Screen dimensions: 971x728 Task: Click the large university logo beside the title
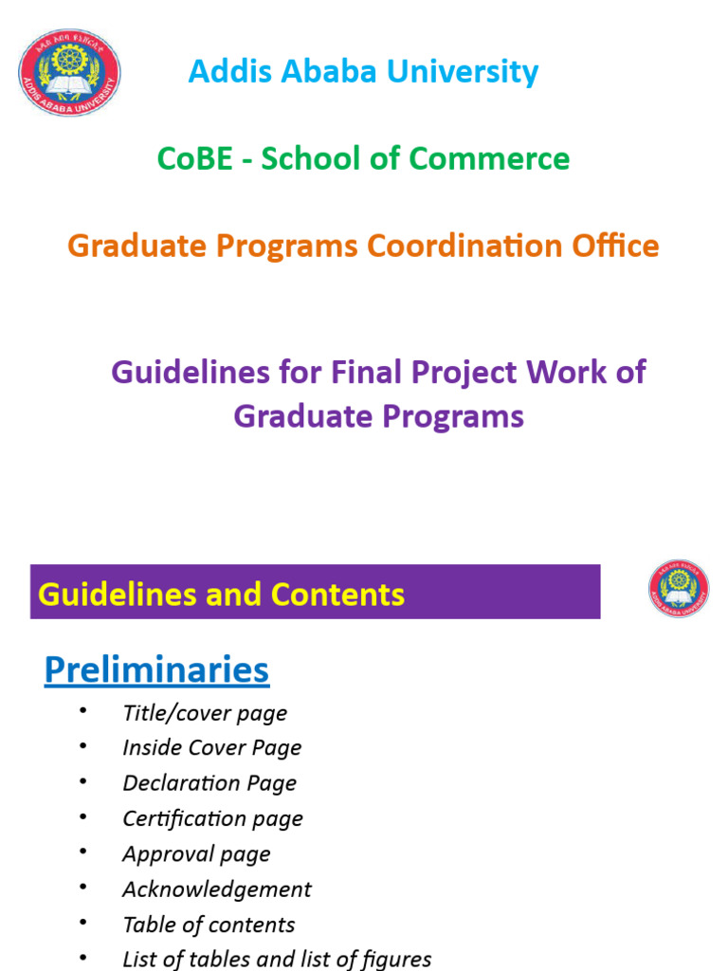[69, 73]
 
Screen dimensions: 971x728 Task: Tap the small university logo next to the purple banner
[679, 589]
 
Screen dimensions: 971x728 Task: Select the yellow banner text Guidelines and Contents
[221, 595]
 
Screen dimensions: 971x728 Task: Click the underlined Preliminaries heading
[156, 670]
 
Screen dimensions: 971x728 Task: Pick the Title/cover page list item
[205, 713]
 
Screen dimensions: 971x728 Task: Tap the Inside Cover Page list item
[211, 747]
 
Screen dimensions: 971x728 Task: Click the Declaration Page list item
[209, 782]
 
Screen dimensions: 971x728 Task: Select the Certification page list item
[212, 818]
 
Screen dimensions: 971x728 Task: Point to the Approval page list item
[196, 853]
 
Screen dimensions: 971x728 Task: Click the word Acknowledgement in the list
[216, 889]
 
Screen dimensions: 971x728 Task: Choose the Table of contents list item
[209, 925]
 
